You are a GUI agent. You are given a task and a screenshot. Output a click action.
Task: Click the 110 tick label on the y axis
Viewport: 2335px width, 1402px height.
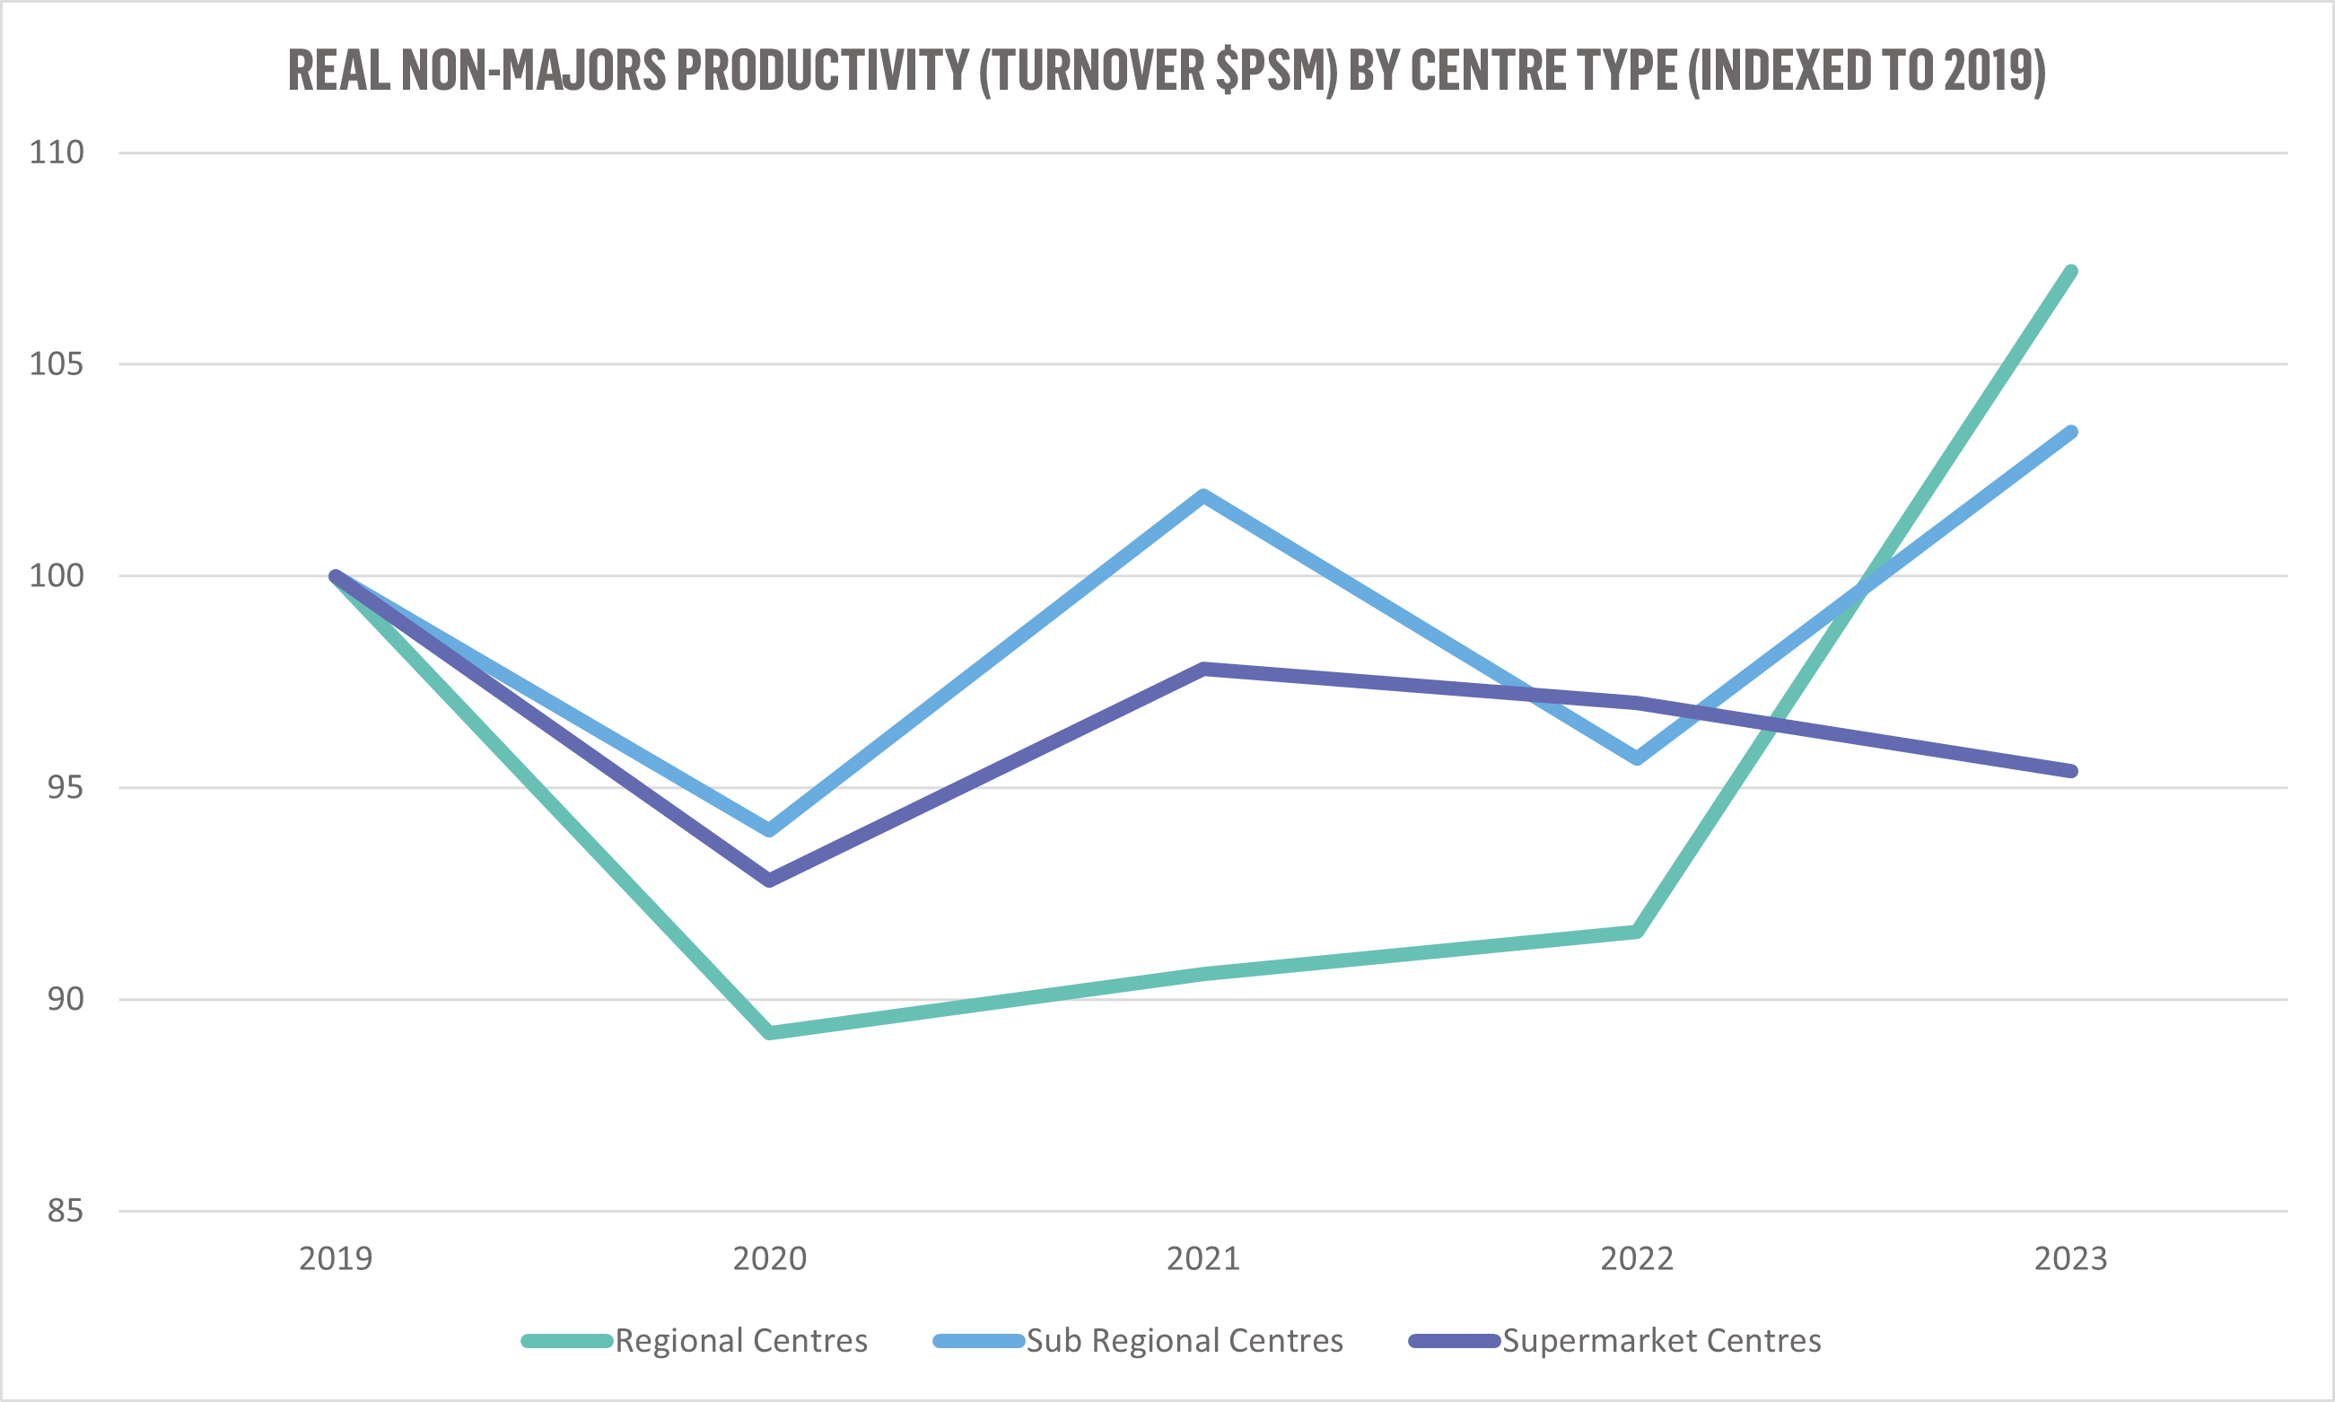point(57,152)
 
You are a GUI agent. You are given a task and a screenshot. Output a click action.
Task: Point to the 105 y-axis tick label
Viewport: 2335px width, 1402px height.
point(57,364)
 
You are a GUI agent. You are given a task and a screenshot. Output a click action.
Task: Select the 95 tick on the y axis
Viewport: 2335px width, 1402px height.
point(66,787)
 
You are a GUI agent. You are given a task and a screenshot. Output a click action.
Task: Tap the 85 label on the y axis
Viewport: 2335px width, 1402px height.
point(66,1210)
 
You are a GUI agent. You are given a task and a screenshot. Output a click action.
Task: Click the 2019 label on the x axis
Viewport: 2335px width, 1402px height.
point(336,1259)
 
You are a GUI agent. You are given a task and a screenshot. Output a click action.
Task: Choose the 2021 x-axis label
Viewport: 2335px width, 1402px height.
point(1202,1259)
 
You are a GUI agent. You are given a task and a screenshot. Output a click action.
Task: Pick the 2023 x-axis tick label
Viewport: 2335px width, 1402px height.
point(2070,1259)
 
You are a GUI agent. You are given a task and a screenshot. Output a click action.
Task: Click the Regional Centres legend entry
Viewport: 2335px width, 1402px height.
point(740,1341)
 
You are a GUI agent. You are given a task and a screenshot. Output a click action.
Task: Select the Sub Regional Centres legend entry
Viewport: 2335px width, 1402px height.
point(1185,1341)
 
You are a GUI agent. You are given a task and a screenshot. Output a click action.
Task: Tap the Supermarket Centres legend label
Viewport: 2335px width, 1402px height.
point(1662,1341)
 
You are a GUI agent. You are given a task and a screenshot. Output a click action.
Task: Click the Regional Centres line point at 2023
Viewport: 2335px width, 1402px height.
point(2070,272)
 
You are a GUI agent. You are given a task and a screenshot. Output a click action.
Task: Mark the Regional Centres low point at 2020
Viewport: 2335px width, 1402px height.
point(770,1032)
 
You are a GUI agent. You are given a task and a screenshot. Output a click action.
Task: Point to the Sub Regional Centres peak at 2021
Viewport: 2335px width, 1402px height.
point(1202,496)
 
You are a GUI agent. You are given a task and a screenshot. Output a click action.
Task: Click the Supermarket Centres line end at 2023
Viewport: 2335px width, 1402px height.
point(2070,771)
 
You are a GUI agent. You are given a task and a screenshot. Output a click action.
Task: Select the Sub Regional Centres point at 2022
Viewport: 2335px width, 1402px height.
point(1637,758)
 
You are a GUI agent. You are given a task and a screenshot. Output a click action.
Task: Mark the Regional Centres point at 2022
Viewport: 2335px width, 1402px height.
point(1637,932)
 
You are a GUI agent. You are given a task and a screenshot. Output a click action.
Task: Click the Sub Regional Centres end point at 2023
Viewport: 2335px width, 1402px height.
point(2070,433)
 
